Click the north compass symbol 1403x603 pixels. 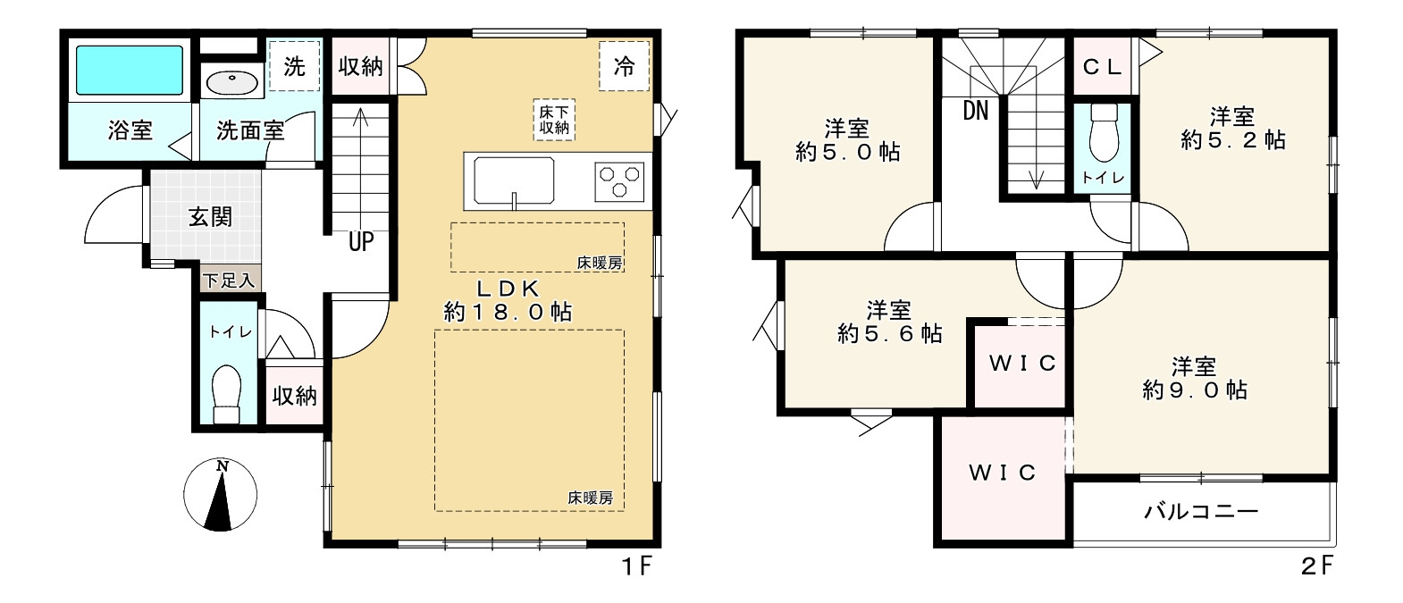pos(220,495)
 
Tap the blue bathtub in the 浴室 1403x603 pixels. pos(129,71)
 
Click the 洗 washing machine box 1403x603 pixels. pos(294,66)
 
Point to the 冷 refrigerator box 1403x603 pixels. pos(624,66)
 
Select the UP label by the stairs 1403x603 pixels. pos(361,241)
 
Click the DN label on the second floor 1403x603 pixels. pos(976,111)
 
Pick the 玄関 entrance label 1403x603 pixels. pos(210,216)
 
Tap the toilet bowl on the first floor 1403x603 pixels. pos(227,393)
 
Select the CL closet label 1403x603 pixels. pos(1103,67)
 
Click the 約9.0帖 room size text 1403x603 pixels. pos(1195,390)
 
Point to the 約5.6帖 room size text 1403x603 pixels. pos(889,334)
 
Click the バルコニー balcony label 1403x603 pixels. pos(1201,512)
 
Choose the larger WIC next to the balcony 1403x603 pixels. pos(1002,473)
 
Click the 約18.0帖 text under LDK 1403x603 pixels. pos(508,312)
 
